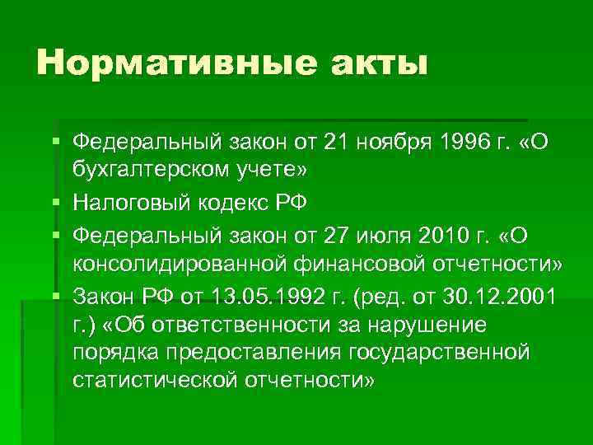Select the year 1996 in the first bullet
tap(455, 143)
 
